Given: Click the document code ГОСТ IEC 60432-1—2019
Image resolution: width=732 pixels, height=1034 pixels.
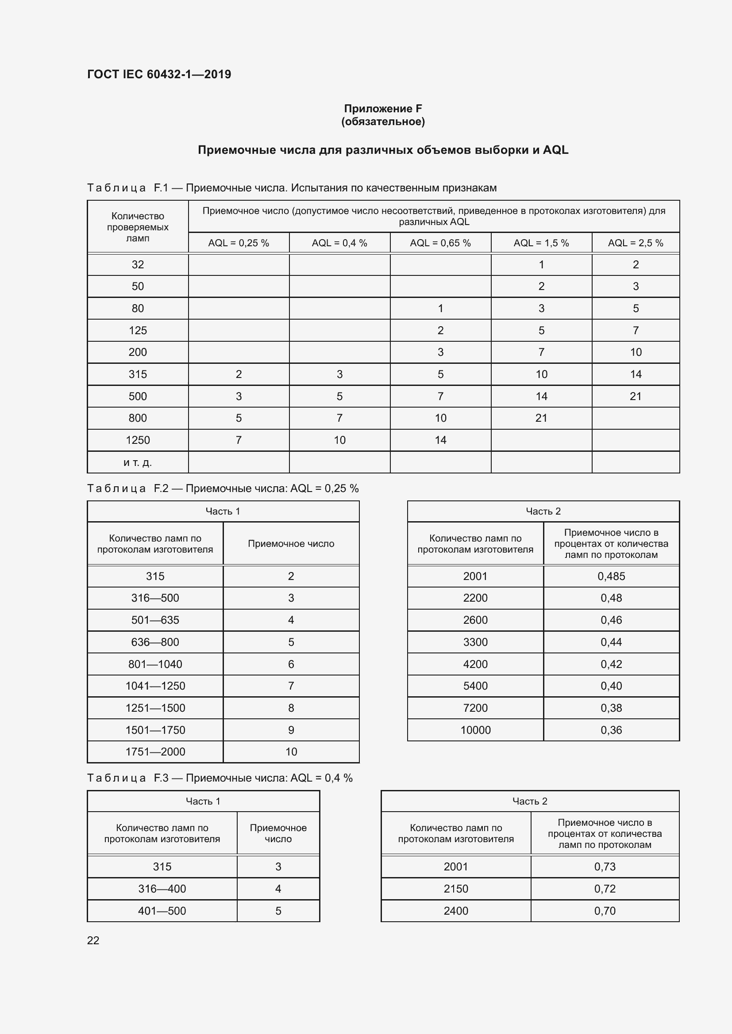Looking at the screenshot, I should [159, 74].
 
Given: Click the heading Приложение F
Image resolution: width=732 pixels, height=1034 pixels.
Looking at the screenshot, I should [383, 109].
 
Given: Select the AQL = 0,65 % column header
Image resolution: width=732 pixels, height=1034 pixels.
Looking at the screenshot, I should [440, 243].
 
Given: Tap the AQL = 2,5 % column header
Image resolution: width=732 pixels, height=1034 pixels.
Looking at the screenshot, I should [635, 243].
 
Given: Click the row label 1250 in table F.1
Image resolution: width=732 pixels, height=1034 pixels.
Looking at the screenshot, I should [138, 440].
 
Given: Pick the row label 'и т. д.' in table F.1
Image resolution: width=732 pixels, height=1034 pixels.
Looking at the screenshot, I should [138, 462].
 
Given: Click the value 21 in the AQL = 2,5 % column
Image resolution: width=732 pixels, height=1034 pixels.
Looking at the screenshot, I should [635, 396].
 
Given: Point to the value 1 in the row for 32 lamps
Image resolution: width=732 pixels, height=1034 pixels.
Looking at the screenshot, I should [541, 265].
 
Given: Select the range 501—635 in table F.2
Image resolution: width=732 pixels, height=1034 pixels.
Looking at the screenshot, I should [155, 620].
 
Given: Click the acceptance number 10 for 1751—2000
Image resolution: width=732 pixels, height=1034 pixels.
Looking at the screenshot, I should [291, 752].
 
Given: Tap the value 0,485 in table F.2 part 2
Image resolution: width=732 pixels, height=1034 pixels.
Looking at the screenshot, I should [611, 576].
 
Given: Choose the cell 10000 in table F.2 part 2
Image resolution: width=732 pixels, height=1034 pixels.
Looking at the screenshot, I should [475, 730].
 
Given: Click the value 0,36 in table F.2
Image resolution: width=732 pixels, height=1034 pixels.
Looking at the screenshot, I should [611, 730].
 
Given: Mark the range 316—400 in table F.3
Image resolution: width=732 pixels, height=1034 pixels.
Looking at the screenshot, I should [162, 889].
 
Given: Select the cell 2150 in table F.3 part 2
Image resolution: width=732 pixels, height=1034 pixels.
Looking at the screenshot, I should [455, 889].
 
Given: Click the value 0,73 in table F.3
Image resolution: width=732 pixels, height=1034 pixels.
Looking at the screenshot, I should [605, 866].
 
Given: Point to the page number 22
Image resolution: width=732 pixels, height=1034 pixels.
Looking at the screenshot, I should [93, 940].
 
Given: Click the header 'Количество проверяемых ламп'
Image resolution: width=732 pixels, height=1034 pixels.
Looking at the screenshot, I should [138, 227].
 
